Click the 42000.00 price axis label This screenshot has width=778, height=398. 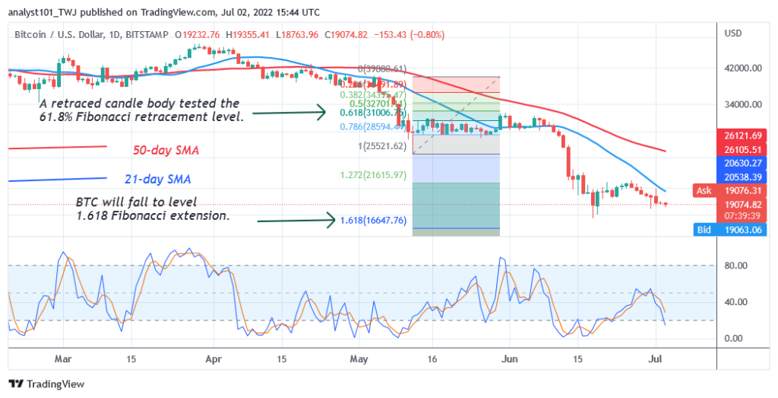point(742,68)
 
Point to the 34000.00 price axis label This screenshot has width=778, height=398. point(742,104)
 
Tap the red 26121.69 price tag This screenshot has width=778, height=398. point(742,135)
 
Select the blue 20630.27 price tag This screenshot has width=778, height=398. point(742,161)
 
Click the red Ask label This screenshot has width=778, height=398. point(704,189)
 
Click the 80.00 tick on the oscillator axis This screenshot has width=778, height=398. point(736,266)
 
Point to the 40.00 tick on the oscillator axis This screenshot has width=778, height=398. point(736,302)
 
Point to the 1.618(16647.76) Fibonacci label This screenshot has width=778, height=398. point(374,221)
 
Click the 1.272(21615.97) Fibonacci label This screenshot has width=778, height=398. point(374,175)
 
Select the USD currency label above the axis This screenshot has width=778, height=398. point(734,33)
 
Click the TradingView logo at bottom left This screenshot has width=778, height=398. point(46,384)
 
